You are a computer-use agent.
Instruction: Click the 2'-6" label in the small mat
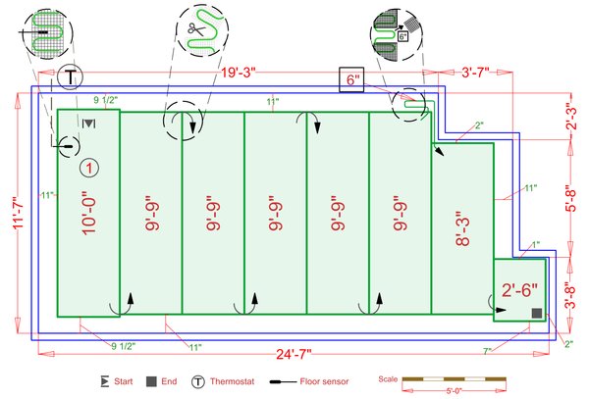coord(519,290)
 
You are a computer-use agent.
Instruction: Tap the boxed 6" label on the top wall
coord(351,80)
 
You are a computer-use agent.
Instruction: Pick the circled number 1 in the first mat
coord(88,169)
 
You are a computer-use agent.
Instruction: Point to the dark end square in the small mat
coord(536,312)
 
